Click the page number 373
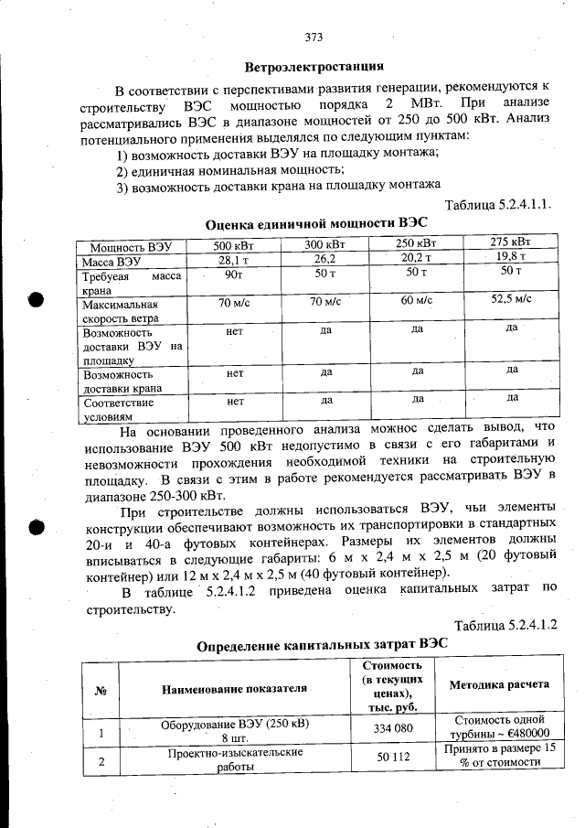(x=314, y=38)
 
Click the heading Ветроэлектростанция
(x=314, y=67)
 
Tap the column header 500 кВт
(x=234, y=245)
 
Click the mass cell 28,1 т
(x=234, y=260)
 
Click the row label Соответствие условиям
(x=118, y=409)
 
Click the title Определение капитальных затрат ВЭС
(x=323, y=645)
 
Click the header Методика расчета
(x=498, y=684)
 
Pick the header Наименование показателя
(x=235, y=687)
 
